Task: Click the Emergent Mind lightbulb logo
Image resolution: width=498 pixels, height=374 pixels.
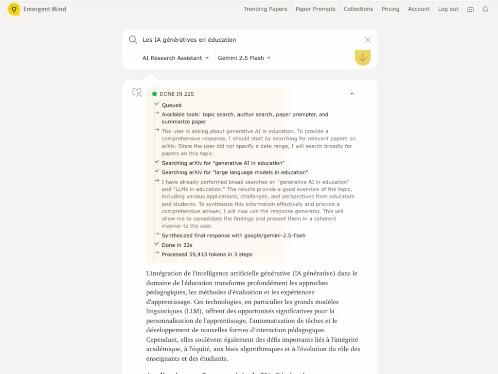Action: (x=14, y=9)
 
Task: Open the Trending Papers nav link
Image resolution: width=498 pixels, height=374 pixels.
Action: (x=265, y=9)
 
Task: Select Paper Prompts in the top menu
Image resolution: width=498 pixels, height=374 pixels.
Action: (x=315, y=9)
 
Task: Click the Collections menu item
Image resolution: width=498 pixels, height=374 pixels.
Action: (x=358, y=9)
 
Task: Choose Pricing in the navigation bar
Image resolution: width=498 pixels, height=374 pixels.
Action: (x=390, y=9)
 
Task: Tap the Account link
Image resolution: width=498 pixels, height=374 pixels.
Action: (x=419, y=9)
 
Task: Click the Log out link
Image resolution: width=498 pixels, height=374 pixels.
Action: (x=448, y=9)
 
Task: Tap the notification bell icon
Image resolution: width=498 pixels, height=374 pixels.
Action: (x=485, y=9)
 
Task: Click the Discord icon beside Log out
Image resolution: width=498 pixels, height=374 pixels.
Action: (x=470, y=9)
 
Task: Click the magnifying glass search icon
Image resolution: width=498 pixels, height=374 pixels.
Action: (x=133, y=40)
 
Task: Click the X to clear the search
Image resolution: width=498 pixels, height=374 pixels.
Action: (x=368, y=40)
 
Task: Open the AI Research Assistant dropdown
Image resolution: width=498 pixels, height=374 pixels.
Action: (x=176, y=58)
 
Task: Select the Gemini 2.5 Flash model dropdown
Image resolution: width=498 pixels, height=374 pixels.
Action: (x=244, y=58)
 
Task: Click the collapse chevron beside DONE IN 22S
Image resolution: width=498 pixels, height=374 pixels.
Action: (x=352, y=94)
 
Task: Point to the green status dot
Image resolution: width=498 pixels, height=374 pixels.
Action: (x=155, y=94)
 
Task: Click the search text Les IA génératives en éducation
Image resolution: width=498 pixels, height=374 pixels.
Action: (x=189, y=40)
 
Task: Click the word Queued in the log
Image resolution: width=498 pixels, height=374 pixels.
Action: (x=172, y=105)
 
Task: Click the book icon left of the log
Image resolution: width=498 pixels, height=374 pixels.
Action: (x=137, y=92)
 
